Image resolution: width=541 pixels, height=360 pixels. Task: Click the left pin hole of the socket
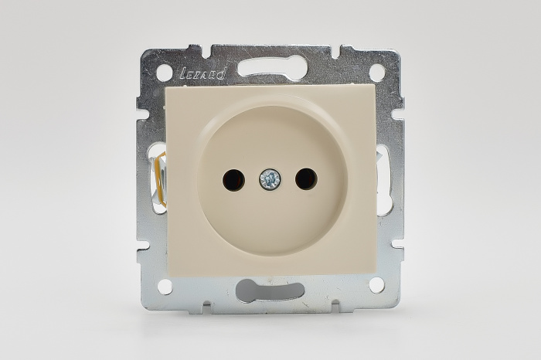(233, 180)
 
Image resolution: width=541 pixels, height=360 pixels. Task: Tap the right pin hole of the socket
(306, 179)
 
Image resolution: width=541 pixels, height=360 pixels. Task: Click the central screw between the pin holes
(270, 180)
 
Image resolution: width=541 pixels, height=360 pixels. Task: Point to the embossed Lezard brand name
(202, 73)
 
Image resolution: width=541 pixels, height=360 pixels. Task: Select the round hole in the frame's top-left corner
(165, 73)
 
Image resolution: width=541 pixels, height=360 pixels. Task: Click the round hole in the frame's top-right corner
(377, 73)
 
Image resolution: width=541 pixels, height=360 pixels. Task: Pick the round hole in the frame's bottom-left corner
(165, 286)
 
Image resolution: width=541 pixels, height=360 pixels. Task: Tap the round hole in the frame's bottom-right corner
(376, 285)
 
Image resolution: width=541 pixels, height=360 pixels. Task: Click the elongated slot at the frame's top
(270, 67)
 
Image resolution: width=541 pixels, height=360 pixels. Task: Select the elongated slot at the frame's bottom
(270, 290)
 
